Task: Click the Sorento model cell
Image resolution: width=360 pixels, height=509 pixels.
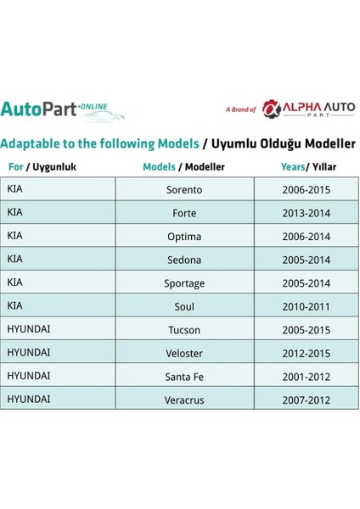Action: pyautogui.click(x=184, y=190)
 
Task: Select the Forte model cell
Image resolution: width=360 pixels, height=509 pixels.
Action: pyautogui.click(x=184, y=213)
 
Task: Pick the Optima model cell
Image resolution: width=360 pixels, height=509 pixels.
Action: pyautogui.click(x=184, y=237)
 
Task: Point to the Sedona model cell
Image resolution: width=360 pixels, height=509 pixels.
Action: pyautogui.click(x=184, y=260)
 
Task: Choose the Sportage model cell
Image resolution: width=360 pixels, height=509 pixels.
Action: pyautogui.click(x=184, y=283)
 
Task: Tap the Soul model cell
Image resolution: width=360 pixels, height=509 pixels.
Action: pyautogui.click(x=184, y=306)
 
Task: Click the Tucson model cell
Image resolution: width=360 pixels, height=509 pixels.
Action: pyautogui.click(x=184, y=329)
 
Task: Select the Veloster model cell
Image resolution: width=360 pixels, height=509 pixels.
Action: pyautogui.click(x=184, y=352)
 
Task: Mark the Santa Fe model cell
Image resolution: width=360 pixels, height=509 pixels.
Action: pyautogui.click(x=184, y=376)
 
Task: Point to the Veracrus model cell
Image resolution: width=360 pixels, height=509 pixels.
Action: pyautogui.click(x=184, y=399)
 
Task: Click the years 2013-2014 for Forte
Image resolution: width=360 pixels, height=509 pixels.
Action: pyautogui.click(x=307, y=213)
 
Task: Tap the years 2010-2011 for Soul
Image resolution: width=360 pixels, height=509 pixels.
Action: pyautogui.click(x=307, y=306)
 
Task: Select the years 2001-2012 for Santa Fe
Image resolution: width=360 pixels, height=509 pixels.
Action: pyautogui.click(x=307, y=376)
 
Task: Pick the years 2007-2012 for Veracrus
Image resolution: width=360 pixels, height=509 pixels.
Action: pyautogui.click(x=307, y=399)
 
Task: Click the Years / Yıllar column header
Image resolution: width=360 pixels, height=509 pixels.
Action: pyautogui.click(x=307, y=167)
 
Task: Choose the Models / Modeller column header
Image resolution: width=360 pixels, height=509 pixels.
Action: pyautogui.click(x=184, y=167)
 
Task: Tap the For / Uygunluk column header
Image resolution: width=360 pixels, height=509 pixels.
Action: pyautogui.click(x=42, y=167)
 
